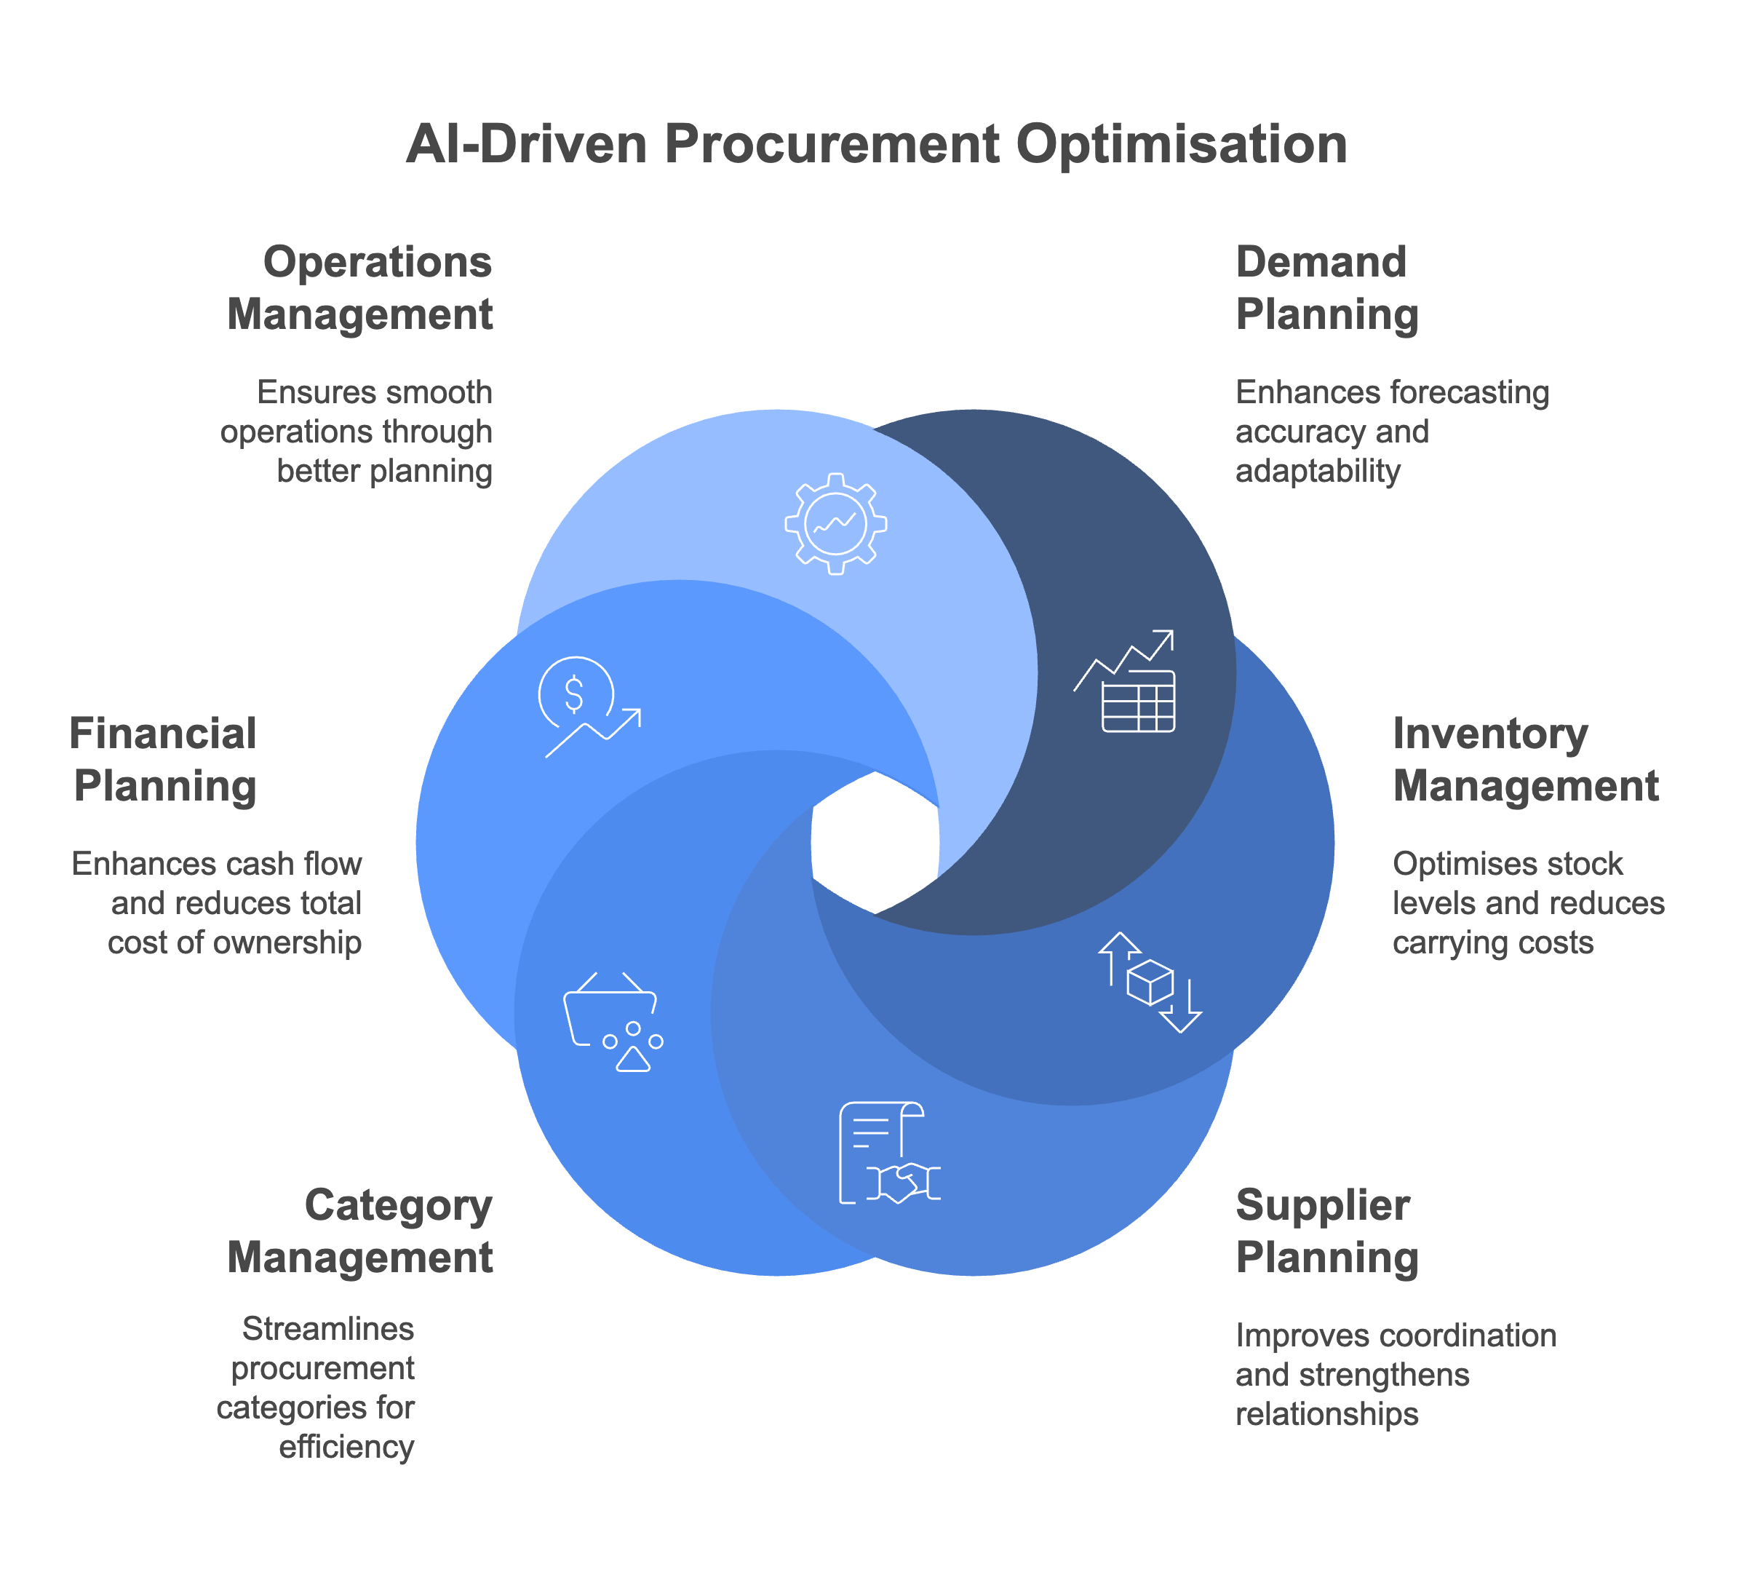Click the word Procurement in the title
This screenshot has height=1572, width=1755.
[x=832, y=143]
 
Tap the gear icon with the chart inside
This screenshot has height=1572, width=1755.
[x=835, y=523]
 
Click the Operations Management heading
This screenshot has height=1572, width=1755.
[x=360, y=287]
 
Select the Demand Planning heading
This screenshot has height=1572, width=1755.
[x=1326, y=287]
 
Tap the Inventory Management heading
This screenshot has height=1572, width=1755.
[x=1525, y=759]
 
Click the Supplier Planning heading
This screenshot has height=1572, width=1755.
[x=1326, y=1231]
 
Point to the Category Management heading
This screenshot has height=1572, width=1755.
[x=360, y=1231]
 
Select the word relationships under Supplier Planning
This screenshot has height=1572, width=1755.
[x=1326, y=1414]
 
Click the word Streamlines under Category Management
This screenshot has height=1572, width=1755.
[x=328, y=1328]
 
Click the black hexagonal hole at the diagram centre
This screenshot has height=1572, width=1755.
[x=875, y=842]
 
